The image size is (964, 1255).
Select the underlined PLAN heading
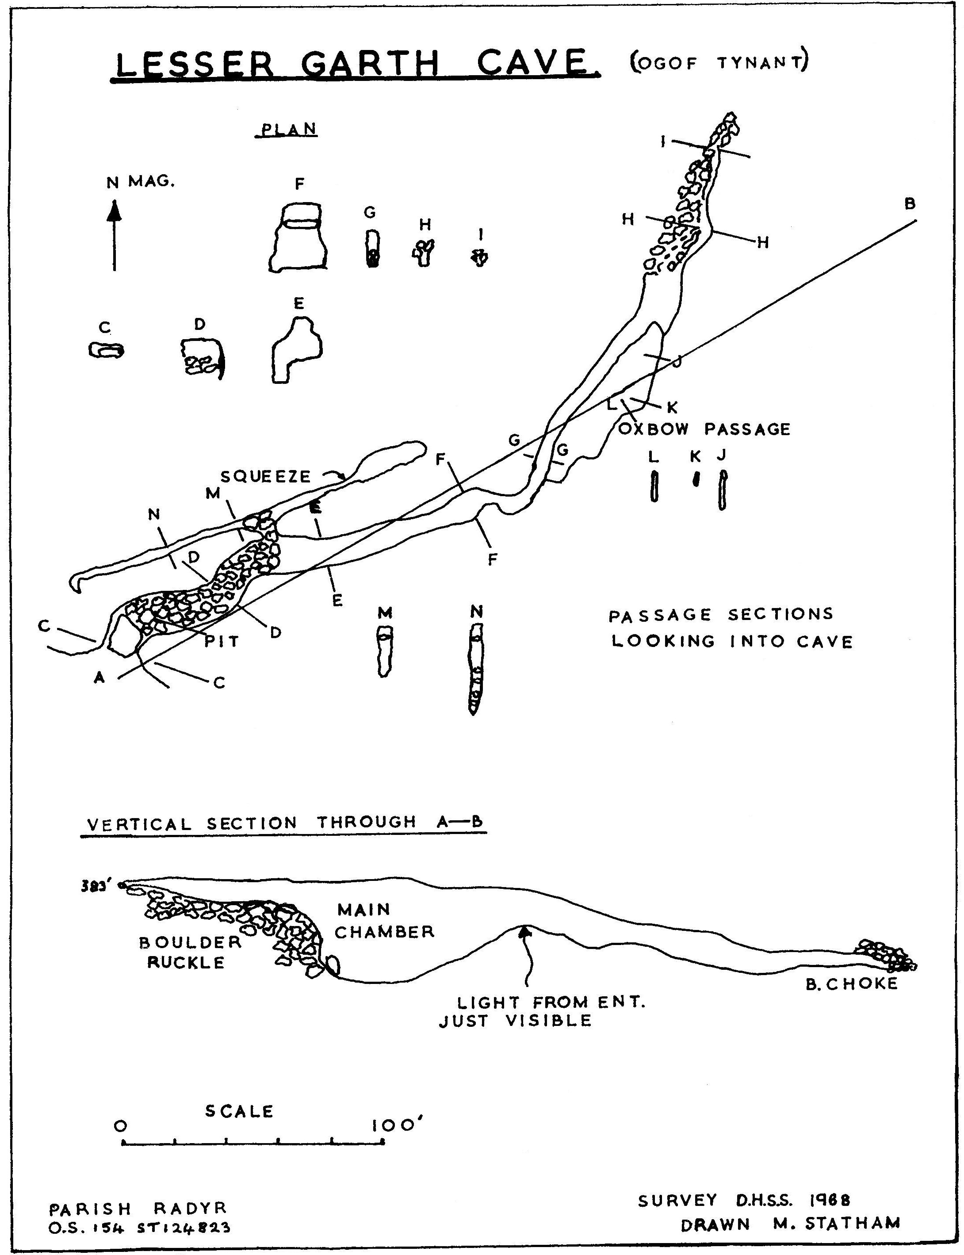pyautogui.click(x=289, y=130)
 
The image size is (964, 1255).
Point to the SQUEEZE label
pyautogui.click(x=266, y=476)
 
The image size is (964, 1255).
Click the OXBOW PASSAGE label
pyautogui.click(x=704, y=429)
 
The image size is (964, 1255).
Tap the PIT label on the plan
pyautogui.click(x=222, y=642)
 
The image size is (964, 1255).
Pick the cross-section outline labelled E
pyautogui.click(x=295, y=351)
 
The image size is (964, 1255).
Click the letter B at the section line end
pyautogui.click(x=910, y=204)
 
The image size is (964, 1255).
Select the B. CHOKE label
pyautogui.click(x=851, y=984)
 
